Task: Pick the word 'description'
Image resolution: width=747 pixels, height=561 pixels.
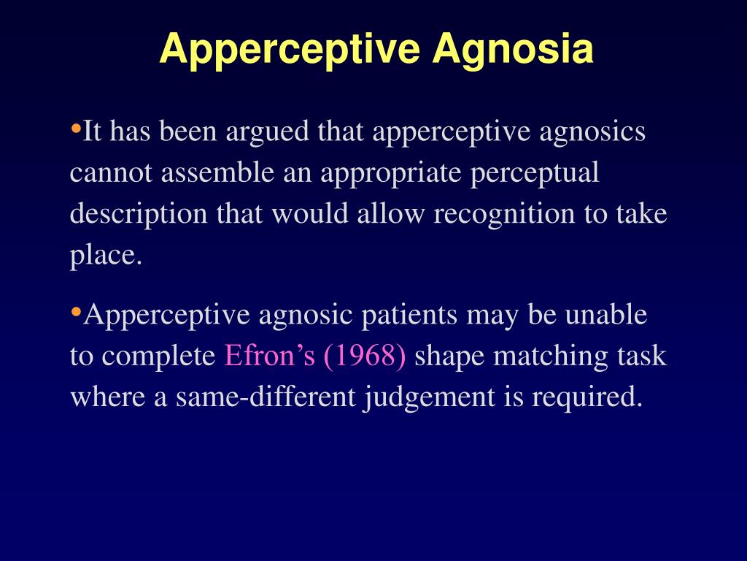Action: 139,215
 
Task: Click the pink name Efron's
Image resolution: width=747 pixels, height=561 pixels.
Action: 269,356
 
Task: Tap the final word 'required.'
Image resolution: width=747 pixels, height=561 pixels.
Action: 588,397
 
